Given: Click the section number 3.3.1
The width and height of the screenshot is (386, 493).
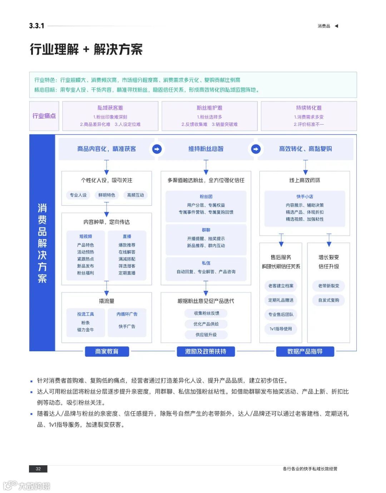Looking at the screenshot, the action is point(37,26).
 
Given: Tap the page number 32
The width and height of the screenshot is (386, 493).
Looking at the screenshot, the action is point(38,469).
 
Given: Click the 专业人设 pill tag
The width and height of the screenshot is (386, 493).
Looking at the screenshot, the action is point(78,195).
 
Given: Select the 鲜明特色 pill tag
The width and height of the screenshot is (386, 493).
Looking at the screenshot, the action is point(107,195).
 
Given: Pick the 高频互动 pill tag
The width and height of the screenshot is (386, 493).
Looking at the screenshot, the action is point(135,195).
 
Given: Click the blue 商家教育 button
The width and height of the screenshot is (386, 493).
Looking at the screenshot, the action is point(107,352).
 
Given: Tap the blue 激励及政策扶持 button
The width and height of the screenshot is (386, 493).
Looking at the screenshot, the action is point(206,352).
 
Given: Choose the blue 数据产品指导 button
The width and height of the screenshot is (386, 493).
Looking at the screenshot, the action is point(305,352).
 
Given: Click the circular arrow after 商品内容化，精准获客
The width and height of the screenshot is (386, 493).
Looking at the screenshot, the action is point(157,149).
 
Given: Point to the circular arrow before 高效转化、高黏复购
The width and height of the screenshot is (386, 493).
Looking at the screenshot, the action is point(256,149).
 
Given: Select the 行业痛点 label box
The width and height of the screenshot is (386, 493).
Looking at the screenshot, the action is point(44,116).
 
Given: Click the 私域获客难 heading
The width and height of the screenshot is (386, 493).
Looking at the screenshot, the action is point(110,108).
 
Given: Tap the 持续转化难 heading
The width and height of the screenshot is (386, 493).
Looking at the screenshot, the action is point(309,108).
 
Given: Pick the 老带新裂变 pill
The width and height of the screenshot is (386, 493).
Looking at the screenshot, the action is point(329,286).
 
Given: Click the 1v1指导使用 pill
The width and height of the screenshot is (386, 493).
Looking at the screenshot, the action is point(281,329).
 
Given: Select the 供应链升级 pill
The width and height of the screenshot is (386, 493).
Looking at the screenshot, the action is point(206,335).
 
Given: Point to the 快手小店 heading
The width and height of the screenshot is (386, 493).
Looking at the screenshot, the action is point(305,197).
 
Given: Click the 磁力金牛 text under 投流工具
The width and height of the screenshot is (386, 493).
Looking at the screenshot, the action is point(85,330).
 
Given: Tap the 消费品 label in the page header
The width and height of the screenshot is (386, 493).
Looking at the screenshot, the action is point(324,26).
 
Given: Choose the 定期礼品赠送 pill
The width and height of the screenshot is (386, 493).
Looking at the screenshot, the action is point(281,300).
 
